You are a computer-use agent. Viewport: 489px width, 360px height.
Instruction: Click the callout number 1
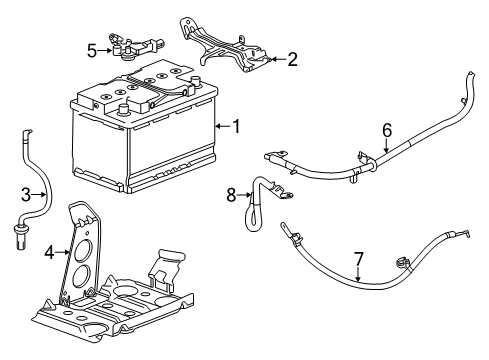[236, 126]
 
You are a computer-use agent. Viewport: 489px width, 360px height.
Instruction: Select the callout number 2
[291, 60]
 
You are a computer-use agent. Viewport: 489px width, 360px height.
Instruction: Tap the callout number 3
[27, 194]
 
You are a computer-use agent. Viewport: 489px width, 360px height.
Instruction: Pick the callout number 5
[91, 49]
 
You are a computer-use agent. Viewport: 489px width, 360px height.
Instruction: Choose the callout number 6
[387, 129]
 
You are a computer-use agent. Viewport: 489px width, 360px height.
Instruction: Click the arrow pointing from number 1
[223, 126]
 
